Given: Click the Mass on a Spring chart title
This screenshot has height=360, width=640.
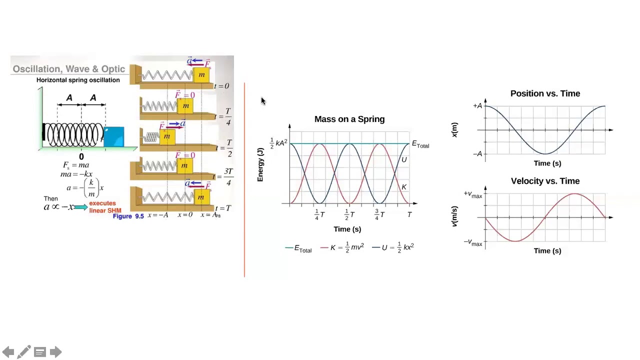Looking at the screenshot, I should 349,119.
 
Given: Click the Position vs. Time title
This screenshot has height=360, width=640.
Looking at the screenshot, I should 545,93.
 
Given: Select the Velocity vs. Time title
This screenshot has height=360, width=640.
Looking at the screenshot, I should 545,181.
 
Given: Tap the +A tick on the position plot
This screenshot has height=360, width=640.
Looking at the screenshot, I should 477,106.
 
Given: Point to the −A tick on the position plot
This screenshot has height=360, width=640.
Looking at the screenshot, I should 477,154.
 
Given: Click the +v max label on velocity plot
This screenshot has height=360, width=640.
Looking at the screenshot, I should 472,194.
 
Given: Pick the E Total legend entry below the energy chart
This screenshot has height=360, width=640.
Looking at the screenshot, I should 299,248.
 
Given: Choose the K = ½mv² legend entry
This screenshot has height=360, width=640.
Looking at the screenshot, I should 342,247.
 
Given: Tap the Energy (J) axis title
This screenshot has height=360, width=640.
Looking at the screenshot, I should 260,164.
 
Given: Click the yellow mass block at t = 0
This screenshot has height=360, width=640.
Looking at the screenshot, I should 201,75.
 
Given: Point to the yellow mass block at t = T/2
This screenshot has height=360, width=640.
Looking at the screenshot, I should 167,136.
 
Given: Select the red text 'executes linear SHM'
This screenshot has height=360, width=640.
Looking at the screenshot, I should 104,207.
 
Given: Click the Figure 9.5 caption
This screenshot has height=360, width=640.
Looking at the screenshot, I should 128,216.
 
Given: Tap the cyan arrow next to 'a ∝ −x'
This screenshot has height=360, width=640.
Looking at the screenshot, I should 80,207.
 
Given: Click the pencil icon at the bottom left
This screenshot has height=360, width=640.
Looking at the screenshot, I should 23,352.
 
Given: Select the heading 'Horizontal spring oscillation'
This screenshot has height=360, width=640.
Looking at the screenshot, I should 78,80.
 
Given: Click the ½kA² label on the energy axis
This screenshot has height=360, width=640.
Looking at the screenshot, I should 278,143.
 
